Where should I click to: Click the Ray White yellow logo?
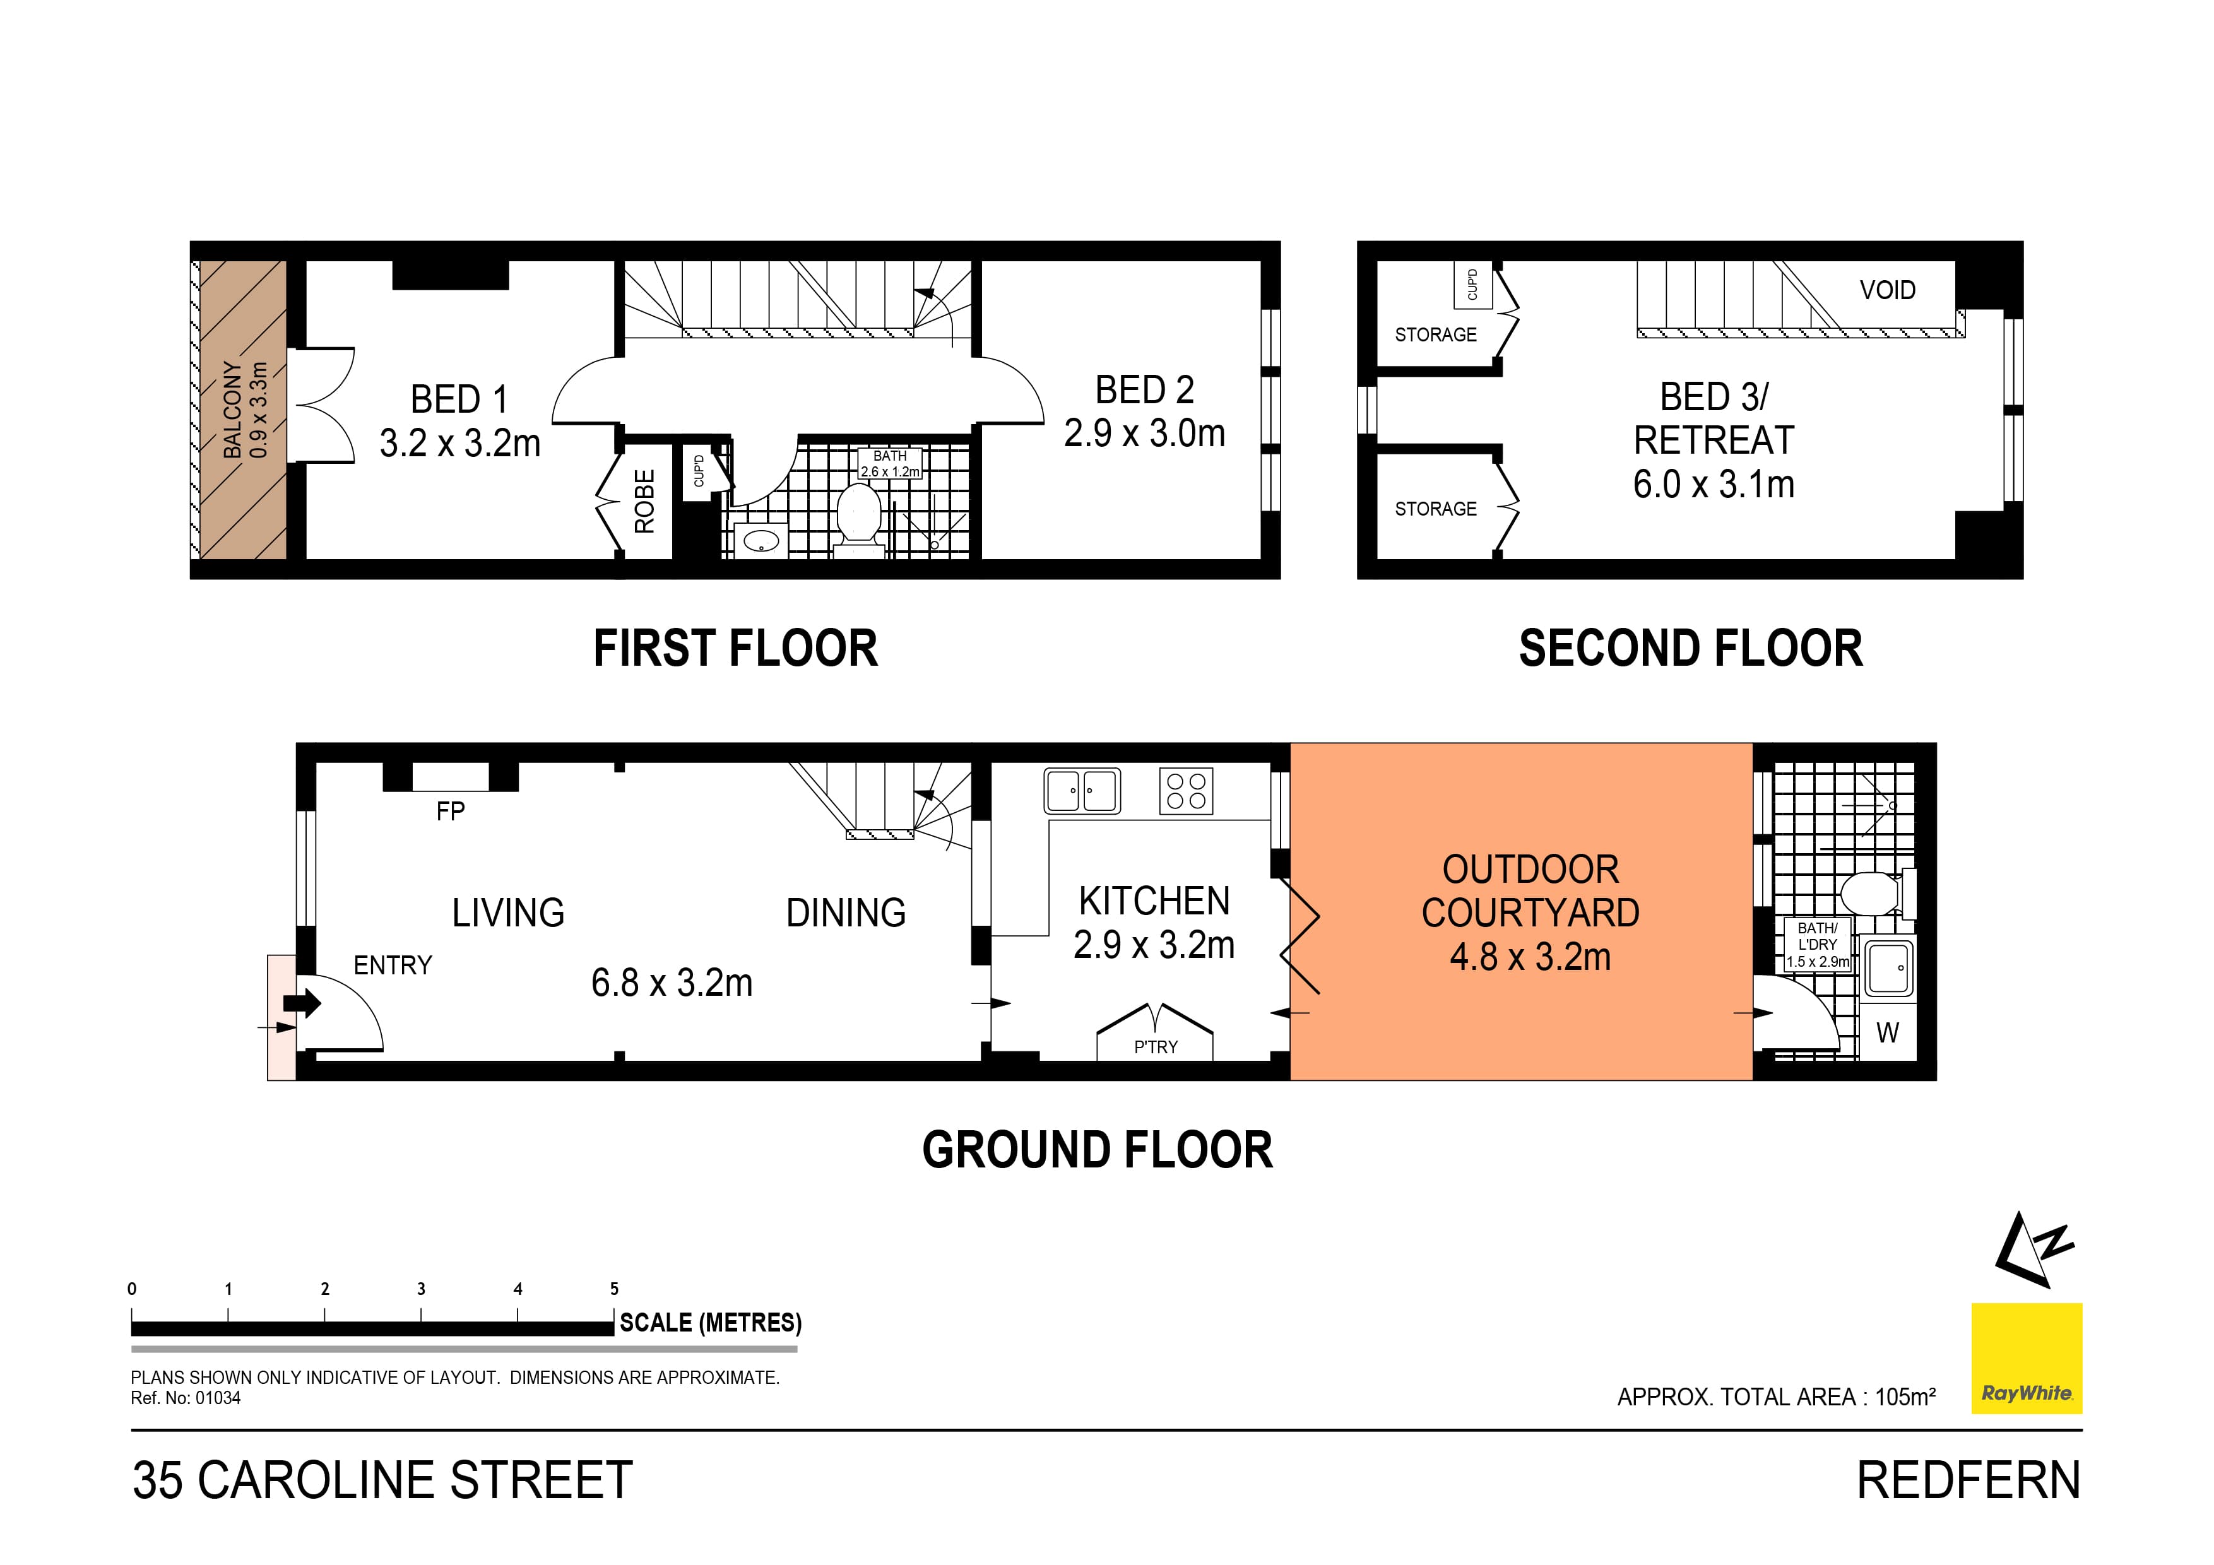pyautogui.click(x=2026, y=1357)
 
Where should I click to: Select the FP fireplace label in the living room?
pyautogui.click(x=451, y=811)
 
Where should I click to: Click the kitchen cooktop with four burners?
pyautogui.click(x=1186, y=792)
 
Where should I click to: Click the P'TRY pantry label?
pyautogui.click(x=1155, y=1047)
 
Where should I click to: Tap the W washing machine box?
pyautogui.click(x=1887, y=1033)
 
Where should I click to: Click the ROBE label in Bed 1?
pyautogui.click(x=644, y=502)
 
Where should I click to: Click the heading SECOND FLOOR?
pyautogui.click(x=1690, y=648)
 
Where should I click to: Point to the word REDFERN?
pyautogui.click(x=1968, y=1480)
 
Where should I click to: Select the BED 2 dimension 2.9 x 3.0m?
pyautogui.click(x=1145, y=434)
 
